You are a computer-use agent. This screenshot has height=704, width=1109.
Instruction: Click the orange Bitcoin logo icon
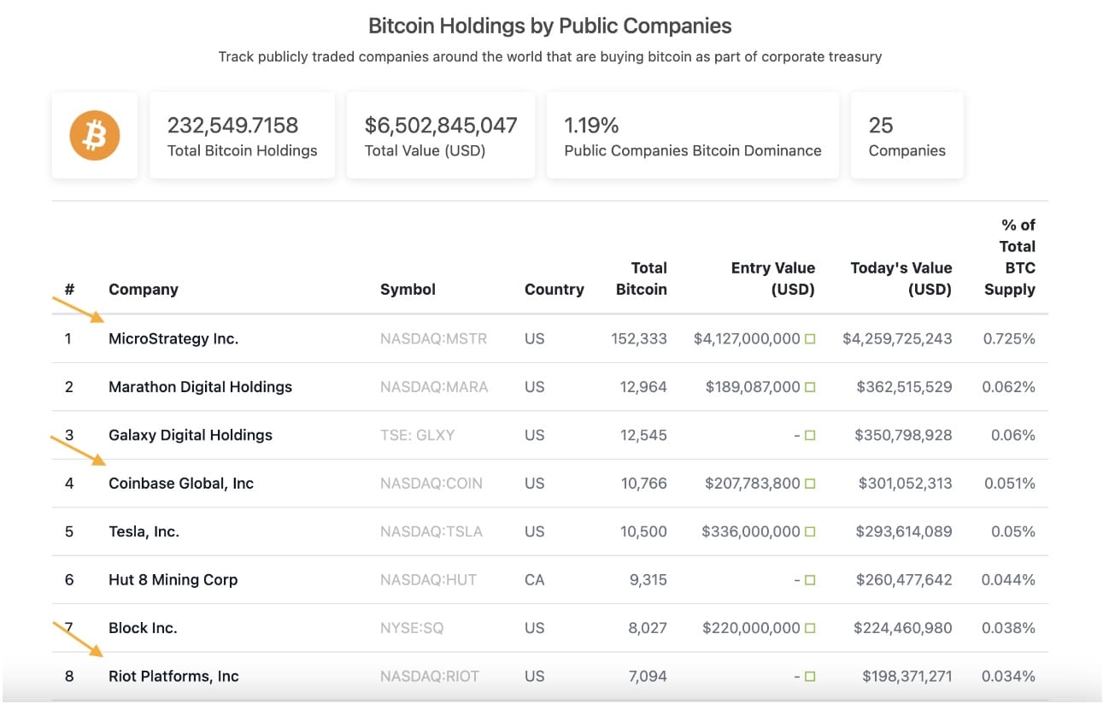point(94,136)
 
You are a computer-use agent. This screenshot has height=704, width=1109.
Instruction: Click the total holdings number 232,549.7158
point(232,126)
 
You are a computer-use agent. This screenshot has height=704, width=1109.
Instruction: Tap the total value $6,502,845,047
point(441,126)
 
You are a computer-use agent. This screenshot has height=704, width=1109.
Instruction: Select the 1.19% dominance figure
point(591,126)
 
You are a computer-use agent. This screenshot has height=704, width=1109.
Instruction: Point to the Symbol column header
point(408,290)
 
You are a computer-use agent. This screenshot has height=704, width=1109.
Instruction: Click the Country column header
point(554,290)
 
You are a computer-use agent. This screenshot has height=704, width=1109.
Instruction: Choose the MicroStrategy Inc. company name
point(173,339)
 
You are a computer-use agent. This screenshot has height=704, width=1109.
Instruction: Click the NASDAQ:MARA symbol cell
point(434,387)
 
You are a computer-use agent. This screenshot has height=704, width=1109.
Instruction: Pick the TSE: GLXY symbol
point(417,435)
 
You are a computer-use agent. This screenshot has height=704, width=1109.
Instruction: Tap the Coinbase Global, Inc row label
point(181,484)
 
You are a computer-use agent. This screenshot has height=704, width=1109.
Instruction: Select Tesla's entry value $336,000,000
point(751,531)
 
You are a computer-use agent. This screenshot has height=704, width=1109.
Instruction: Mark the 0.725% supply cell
point(1009,339)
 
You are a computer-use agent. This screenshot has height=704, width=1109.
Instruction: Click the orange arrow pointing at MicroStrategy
point(79,309)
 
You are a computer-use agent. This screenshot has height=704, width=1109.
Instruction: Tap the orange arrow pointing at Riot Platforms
point(79,638)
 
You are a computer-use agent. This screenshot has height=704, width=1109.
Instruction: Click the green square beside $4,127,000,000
point(810,339)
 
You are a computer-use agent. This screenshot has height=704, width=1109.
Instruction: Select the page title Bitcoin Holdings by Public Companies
point(549,26)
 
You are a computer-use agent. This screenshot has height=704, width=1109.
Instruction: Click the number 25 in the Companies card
point(880,126)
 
